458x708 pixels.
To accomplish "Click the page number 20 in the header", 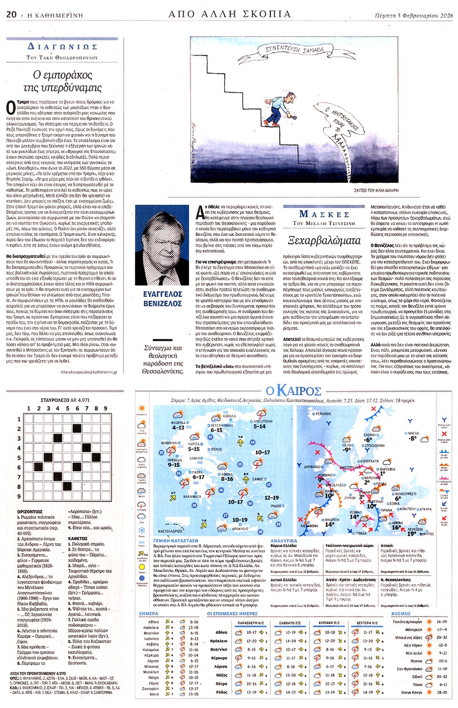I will [11, 14].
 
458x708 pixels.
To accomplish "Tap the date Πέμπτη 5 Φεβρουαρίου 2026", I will [414, 15].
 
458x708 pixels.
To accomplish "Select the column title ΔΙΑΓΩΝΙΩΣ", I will [62, 47].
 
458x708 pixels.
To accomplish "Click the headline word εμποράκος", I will [62, 75].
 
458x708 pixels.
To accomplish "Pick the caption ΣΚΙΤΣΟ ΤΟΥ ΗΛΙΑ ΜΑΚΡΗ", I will [376, 190].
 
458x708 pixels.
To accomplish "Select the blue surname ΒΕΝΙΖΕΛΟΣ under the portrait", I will [162, 304].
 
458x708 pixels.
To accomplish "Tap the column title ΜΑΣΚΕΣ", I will [324, 214].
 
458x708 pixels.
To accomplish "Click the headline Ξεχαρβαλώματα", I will [324, 240].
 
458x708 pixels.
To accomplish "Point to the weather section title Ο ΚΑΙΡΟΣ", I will [293, 391].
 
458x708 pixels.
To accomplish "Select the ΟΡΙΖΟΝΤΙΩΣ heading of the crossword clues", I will [30, 511].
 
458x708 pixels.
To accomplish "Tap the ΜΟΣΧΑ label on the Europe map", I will [413, 433].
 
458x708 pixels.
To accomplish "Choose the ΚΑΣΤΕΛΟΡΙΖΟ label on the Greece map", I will [170, 531].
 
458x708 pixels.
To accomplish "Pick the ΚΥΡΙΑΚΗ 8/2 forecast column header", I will [329, 623].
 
